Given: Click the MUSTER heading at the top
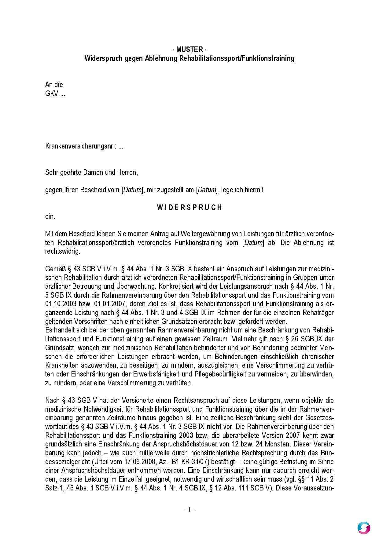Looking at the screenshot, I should (x=189, y=50).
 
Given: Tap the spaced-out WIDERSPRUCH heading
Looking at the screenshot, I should (x=189, y=207).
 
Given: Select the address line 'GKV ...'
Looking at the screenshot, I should (x=55, y=94).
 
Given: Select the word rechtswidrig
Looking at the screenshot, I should (x=62, y=251).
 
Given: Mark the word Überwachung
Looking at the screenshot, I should (x=137, y=287).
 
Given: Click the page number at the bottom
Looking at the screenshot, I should (x=189, y=509).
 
